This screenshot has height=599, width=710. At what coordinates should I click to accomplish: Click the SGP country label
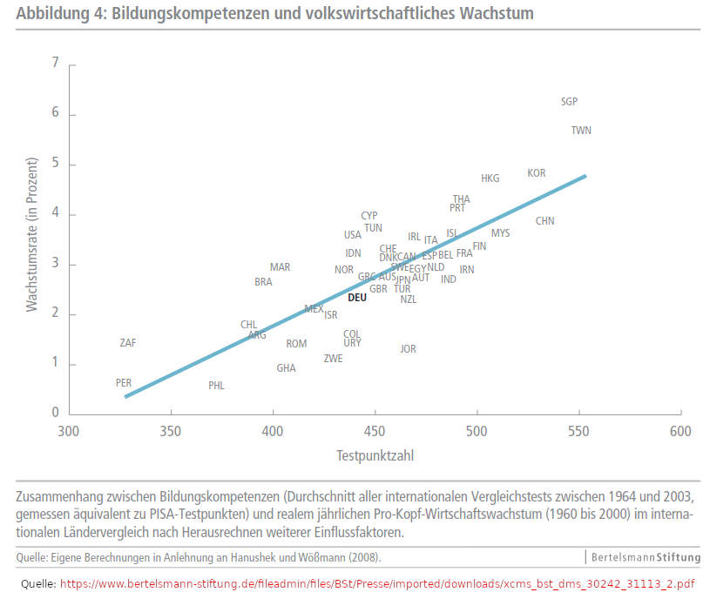[569, 102]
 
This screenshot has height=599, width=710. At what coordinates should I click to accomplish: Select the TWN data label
[581, 131]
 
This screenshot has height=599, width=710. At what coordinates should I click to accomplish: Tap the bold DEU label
[357, 297]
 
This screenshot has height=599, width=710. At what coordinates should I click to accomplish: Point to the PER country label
[124, 383]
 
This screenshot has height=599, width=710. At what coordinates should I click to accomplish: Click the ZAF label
[128, 343]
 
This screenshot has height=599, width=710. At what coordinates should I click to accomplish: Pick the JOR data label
[408, 349]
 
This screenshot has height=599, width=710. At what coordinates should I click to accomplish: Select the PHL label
[216, 386]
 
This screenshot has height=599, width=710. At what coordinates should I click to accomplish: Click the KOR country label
[537, 173]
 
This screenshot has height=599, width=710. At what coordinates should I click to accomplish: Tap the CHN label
[544, 221]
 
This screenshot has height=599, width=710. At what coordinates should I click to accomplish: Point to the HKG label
[490, 178]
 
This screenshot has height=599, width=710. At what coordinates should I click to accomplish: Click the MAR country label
[280, 267]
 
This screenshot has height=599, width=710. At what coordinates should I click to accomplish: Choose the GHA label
[286, 368]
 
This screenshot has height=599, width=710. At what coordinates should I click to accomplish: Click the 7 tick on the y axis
[56, 64]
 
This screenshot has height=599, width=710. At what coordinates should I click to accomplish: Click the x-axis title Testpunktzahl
[375, 455]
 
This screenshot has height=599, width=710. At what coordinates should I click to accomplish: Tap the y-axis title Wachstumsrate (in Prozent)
[32, 235]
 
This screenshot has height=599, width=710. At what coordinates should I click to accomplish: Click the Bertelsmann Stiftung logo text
[646, 556]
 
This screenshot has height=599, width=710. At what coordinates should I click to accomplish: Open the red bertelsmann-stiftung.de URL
[377, 583]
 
